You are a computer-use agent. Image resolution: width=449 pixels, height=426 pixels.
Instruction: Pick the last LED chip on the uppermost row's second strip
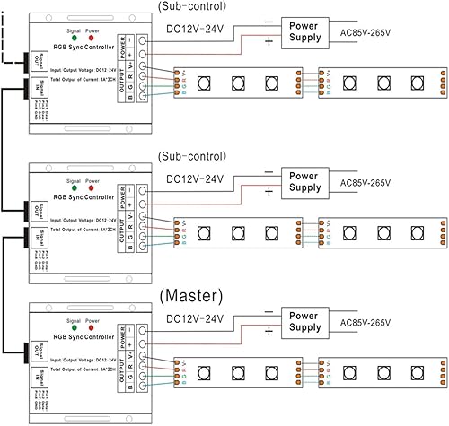tap(415, 82)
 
